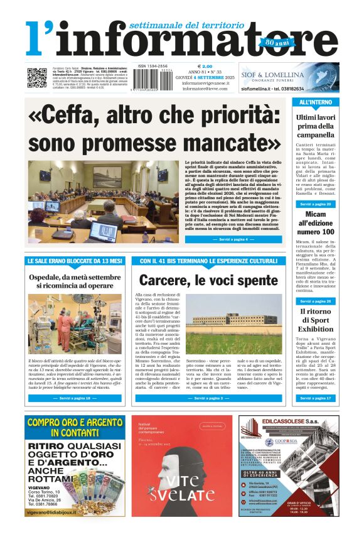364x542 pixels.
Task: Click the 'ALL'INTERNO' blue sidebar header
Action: click(x=316, y=102)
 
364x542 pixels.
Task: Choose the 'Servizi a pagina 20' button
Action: click(x=316, y=205)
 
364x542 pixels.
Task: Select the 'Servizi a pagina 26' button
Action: click(x=316, y=301)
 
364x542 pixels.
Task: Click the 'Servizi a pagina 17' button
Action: click(x=316, y=398)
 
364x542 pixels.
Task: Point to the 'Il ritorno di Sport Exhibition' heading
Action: click(x=316, y=320)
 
